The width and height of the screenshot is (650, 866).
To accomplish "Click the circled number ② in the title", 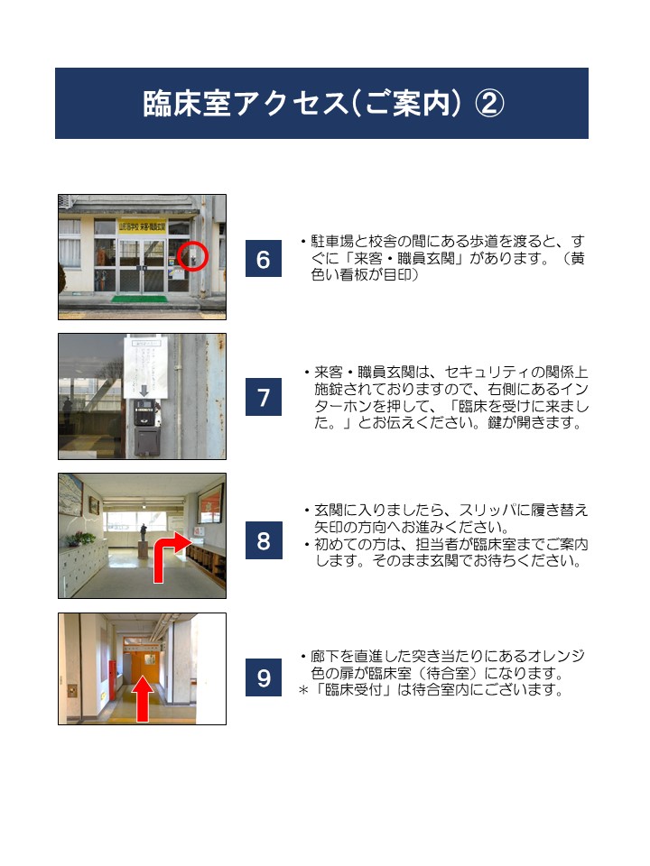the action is pyautogui.click(x=489, y=104).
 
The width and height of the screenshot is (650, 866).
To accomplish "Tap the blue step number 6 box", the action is pyautogui.click(x=263, y=259).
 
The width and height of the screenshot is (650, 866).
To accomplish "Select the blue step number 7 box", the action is pyautogui.click(x=263, y=397).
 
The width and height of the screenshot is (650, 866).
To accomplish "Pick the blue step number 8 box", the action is pyautogui.click(x=264, y=540).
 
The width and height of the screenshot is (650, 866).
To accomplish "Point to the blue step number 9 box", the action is pyautogui.click(x=264, y=677).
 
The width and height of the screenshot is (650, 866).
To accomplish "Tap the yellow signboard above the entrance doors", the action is pyautogui.click(x=142, y=226).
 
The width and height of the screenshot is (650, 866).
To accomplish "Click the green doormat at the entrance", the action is pyautogui.click(x=139, y=299).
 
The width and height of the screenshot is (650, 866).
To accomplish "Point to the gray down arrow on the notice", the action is pyautogui.click(x=144, y=391).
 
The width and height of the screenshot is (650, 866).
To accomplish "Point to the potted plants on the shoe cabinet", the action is pyautogui.click(x=80, y=539).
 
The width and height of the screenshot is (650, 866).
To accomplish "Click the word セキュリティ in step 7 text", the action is pyautogui.click(x=480, y=372).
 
